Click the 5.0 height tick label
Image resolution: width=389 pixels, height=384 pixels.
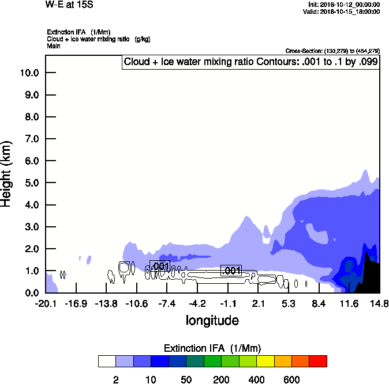click(x=31, y=183)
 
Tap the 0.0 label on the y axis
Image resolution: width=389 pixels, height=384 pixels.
click(x=31, y=292)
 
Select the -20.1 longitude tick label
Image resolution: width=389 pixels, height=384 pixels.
click(x=46, y=303)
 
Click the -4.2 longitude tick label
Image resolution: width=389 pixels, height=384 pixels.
click(x=197, y=303)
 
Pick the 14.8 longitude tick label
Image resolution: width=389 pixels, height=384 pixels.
click(x=379, y=303)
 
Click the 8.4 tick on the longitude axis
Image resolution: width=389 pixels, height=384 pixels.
click(x=319, y=303)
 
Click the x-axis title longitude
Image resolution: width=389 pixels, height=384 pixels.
click(x=212, y=320)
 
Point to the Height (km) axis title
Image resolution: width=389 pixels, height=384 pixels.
click(x=8, y=173)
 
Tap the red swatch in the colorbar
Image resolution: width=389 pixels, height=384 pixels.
click(x=317, y=361)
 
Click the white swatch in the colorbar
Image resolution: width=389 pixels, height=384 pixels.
click(x=107, y=361)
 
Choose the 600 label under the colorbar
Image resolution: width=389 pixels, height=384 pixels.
click(x=291, y=379)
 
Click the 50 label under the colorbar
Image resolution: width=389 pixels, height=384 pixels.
click(x=186, y=379)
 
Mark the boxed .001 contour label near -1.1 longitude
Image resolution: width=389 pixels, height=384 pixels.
click(x=231, y=271)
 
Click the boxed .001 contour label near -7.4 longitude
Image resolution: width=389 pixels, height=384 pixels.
click(x=160, y=266)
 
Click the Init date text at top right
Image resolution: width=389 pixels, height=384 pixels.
click(x=345, y=4)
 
